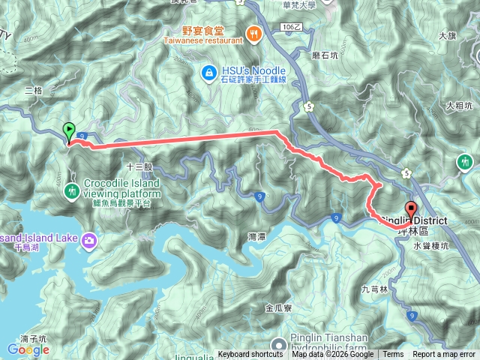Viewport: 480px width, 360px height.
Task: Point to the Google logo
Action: [28, 349]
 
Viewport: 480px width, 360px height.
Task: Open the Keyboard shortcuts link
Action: [250, 355]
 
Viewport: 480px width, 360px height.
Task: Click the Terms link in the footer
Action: [393, 355]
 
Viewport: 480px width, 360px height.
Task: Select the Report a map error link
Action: [445, 355]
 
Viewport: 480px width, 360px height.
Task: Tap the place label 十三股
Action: [139, 166]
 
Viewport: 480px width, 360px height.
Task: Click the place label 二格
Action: [33, 90]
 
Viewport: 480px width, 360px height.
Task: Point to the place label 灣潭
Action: [256, 237]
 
